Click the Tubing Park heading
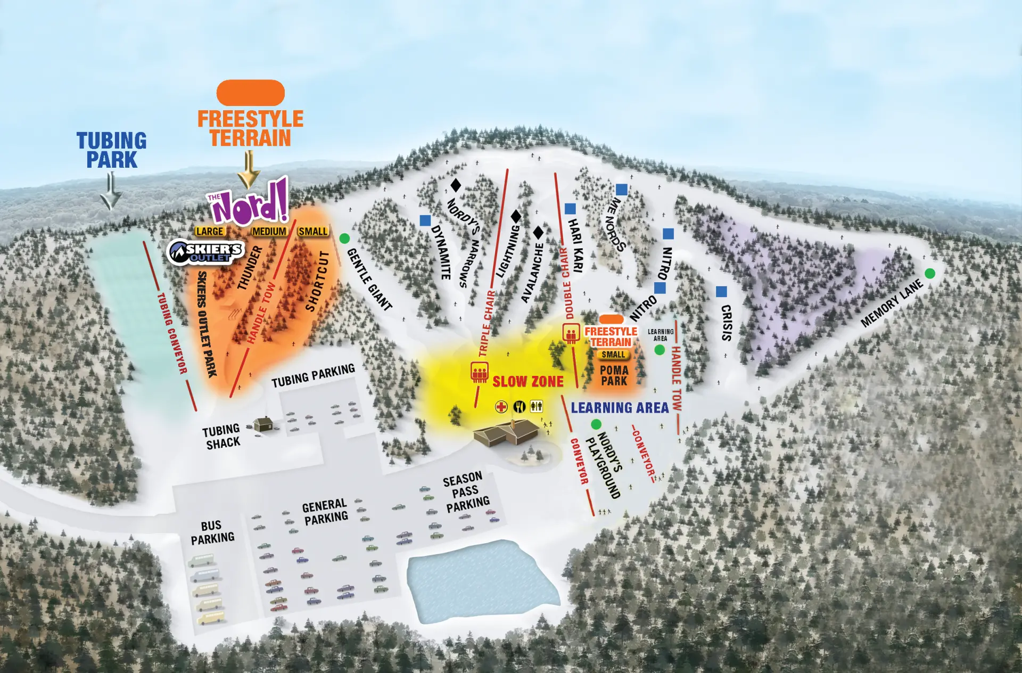tap(111, 150)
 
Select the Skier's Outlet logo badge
tap(205, 252)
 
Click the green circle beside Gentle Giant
tap(344, 238)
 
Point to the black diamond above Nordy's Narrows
tap(456, 185)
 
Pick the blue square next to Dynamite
tap(425, 220)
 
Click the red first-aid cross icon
tap(501, 407)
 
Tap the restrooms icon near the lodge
tap(536, 407)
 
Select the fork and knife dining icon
tap(519, 407)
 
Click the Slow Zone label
tap(528, 382)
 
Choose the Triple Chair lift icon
tap(480, 372)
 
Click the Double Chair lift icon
tap(571, 333)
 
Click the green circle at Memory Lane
tap(930, 274)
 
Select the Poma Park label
tap(614, 375)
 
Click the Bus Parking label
tap(212, 532)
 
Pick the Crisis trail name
tap(727, 323)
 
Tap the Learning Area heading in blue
tap(620, 408)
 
